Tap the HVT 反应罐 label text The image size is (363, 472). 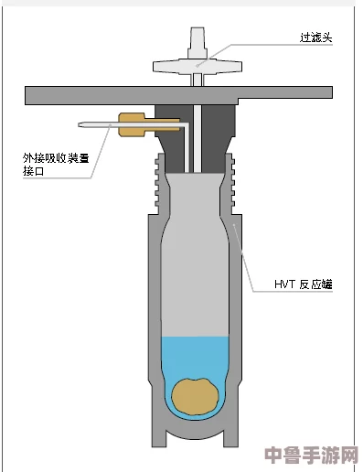click(303, 284)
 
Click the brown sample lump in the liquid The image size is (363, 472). click(196, 395)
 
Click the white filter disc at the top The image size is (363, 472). click(197, 65)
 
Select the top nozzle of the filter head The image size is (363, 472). click(196, 38)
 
